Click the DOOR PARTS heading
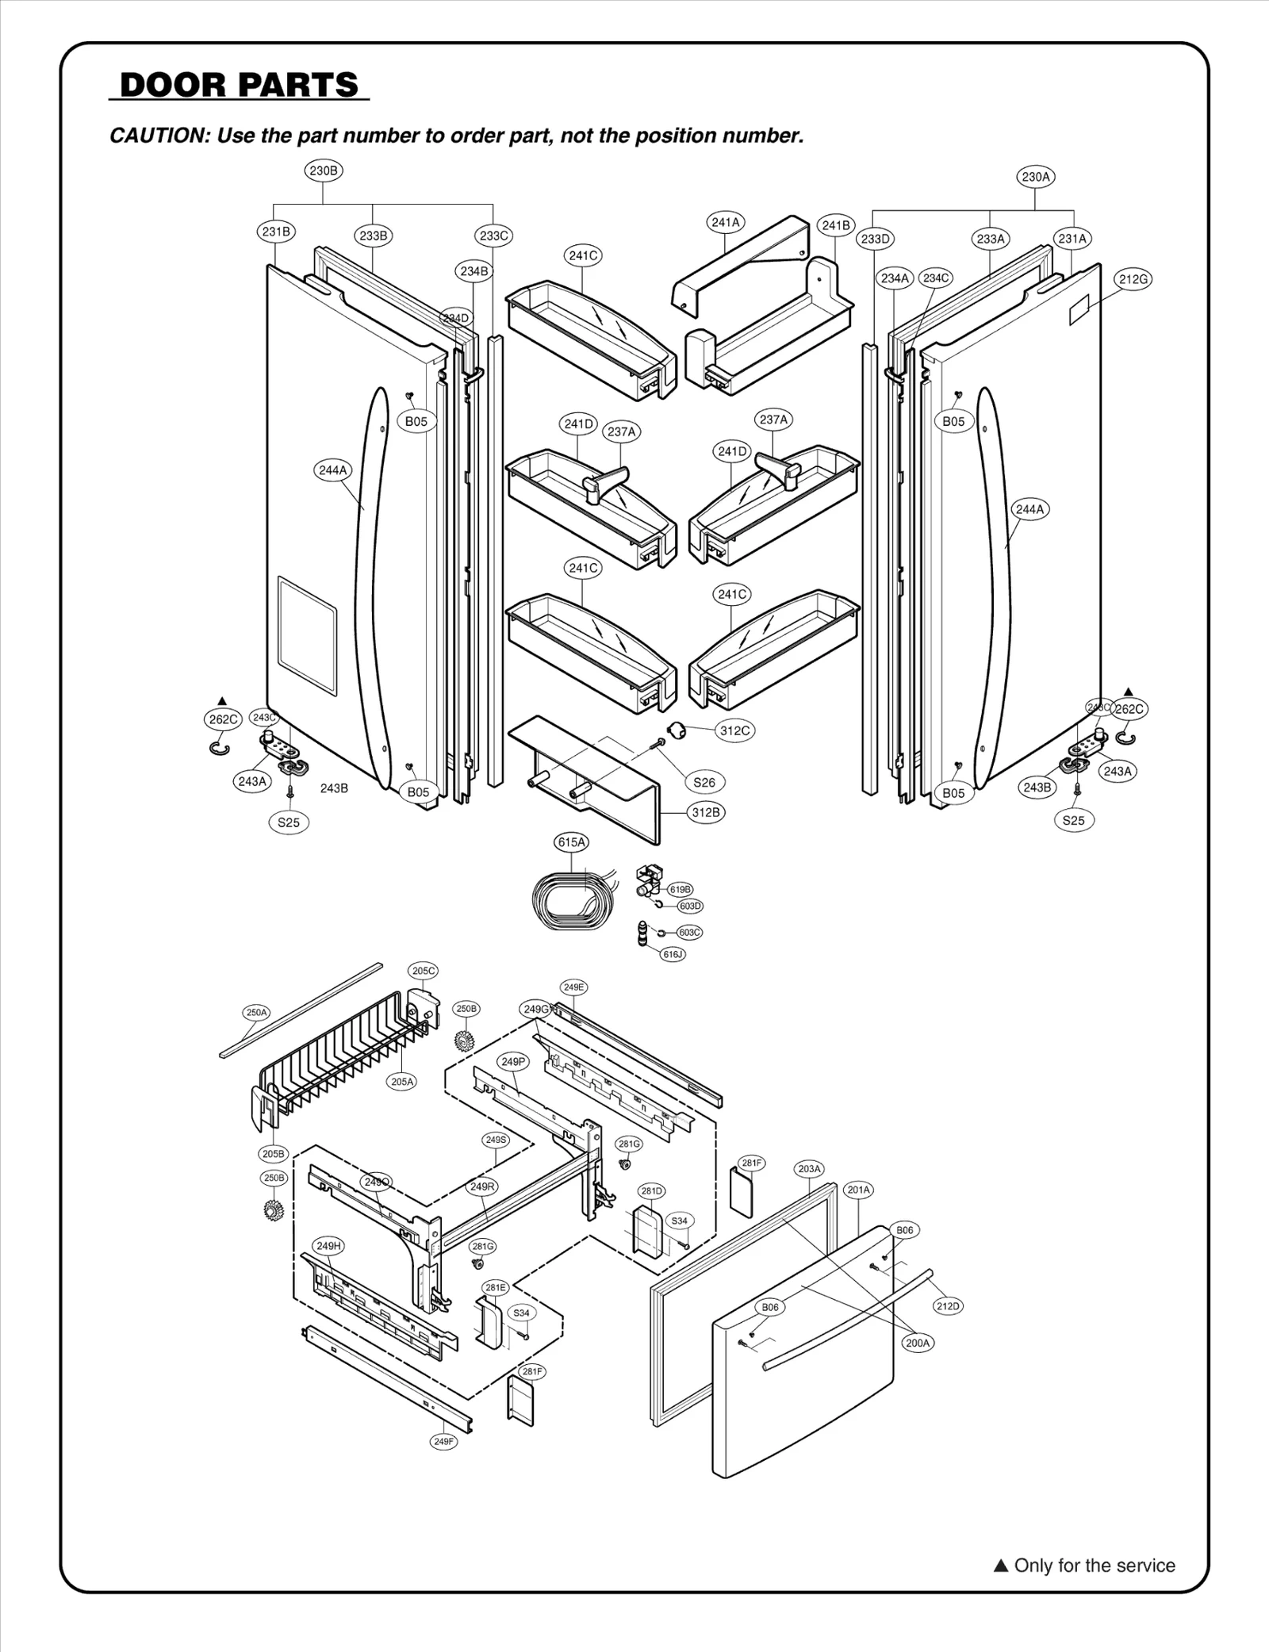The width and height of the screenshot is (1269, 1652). [x=239, y=85]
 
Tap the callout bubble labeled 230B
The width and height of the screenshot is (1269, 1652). [x=324, y=171]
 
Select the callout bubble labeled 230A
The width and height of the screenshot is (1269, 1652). [x=1036, y=177]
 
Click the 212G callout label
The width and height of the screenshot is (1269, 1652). [x=1133, y=279]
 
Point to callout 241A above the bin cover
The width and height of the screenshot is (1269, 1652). [x=725, y=223]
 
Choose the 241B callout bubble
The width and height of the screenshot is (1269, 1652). [x=836, y=226]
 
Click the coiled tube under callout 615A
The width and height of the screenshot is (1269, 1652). [x=569, y=899]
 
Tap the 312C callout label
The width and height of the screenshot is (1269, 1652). [x=734, y=730]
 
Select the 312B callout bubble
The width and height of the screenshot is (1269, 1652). [x=706, y=812]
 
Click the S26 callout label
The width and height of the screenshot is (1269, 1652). [x=704, y=782]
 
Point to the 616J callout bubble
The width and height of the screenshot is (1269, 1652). [x=673, y=954]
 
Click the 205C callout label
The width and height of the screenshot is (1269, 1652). [x=423, y=971]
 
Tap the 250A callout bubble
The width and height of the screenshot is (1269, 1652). [x=256, y=1013]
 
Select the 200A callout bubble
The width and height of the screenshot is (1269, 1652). [x=918, y=1343]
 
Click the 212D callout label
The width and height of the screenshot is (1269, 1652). [x=948, y=1306]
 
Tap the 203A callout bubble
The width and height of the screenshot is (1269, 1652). [x=810, y=1169]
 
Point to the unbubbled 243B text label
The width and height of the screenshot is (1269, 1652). [x=334, y=788]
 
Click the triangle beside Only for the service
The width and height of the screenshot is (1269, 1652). [x=1001, y=1566]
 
